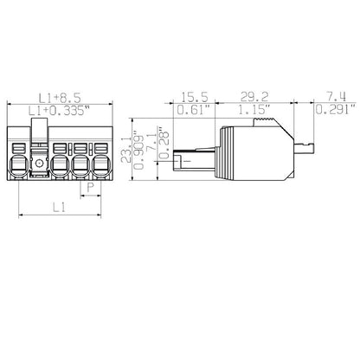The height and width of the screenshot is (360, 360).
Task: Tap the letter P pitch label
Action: pyautogui.click(x=87, y=188)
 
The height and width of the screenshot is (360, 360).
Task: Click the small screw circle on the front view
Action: pyautogui.click(x=37, y=163)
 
